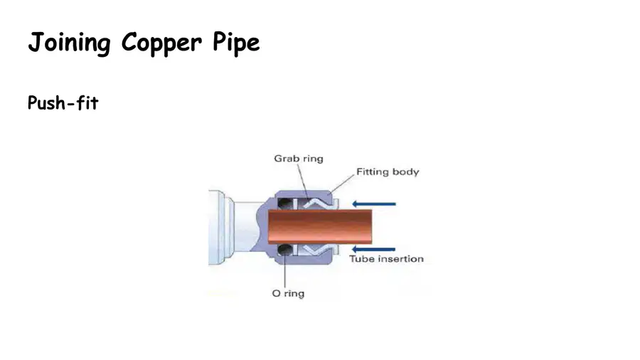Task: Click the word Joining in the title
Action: coord(69,43)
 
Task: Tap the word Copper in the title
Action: coord(161,43)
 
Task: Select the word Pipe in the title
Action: coord(236,43)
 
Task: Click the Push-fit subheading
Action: coord(63,103)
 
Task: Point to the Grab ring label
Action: coord(299,159)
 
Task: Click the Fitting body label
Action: coord(388,172)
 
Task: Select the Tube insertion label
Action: coord(387,259)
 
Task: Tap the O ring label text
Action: coord(288,293)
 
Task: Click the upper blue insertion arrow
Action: coord(374,203)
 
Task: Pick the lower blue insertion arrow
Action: coord(373,249)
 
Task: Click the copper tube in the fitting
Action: coord(320,226)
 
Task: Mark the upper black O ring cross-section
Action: coord(284,203)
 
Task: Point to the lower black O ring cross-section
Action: coord(284,250)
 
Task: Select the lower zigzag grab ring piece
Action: coord(318,250)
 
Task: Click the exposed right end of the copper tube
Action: coord(371,226)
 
